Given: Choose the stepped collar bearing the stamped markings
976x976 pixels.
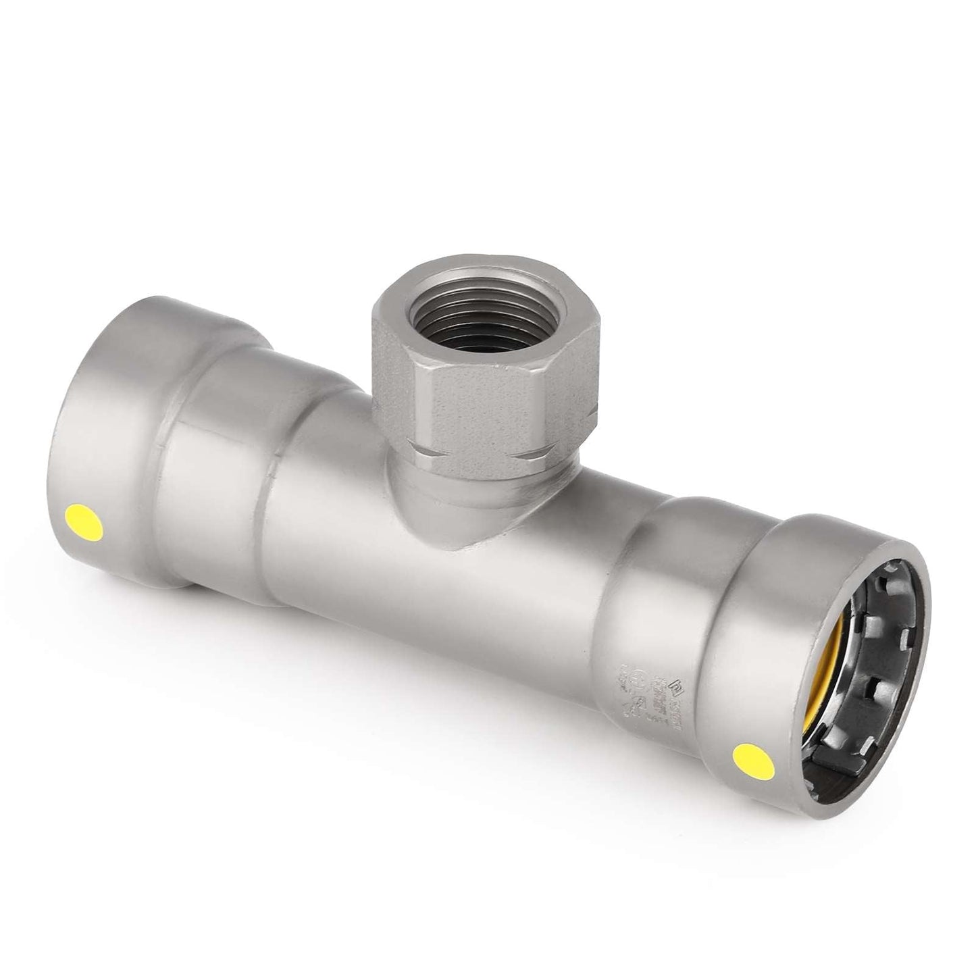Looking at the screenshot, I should coord(648,669).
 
